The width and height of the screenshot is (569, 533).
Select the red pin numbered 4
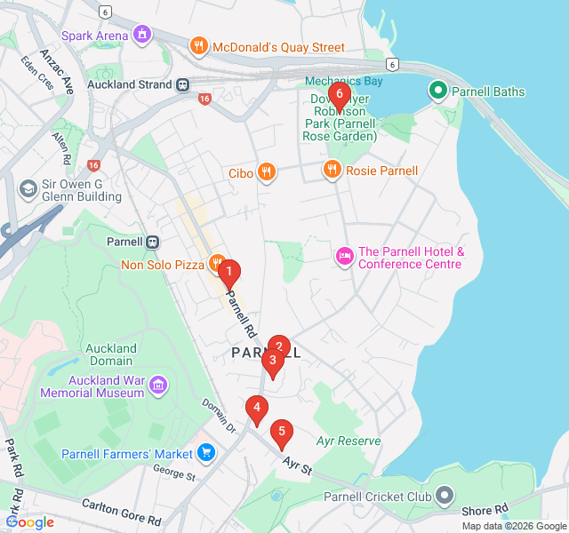[256, 410]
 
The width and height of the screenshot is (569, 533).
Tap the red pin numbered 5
[282, 434]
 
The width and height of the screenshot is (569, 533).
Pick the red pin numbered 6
[339, 95]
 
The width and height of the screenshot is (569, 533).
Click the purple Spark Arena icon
[141, 35]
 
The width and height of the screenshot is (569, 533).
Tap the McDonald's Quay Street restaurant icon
[198, 46]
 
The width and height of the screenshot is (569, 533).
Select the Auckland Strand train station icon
[182, 84]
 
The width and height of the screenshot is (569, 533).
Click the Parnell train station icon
[153, 242]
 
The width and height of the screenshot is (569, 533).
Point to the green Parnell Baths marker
[437, 91]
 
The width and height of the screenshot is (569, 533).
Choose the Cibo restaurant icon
[266, 172]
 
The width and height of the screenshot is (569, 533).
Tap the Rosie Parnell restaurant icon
[333, 170]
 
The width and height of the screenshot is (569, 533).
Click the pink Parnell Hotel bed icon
[344, 257]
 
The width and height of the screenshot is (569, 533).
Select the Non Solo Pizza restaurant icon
[216, 263]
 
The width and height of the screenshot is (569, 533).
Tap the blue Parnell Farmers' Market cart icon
[206, 453]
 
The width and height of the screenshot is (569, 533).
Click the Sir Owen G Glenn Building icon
[28, 190]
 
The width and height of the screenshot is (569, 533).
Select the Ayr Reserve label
[348, 441]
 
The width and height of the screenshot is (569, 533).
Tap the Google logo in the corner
[30, 522]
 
